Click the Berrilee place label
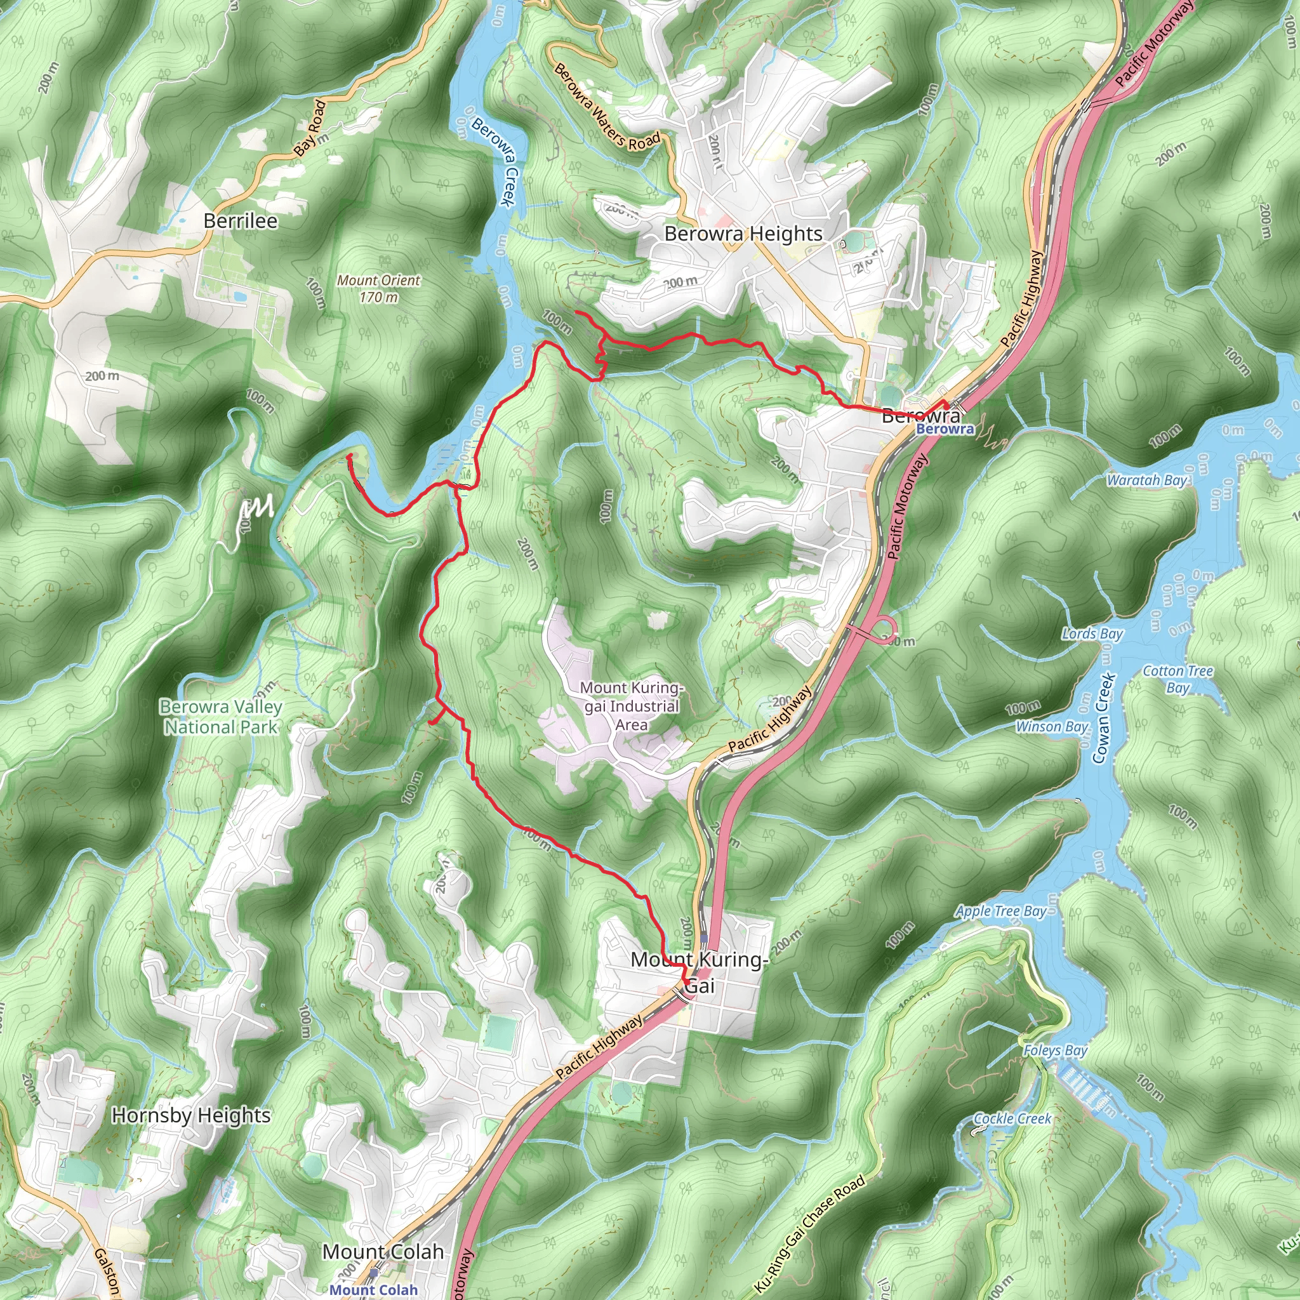tap(240, 221)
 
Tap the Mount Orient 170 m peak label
tap(378, 288)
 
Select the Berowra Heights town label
tap(743, 234)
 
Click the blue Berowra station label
tap(945, 429)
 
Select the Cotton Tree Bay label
tap(1177, 679)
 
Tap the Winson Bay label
tap(1052, 726)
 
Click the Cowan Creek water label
tap(1100, 719)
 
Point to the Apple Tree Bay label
tap(1000, 911)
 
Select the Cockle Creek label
tap(1012, 1118)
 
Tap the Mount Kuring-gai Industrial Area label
tap(631, 706)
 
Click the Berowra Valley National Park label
tap(221, 717)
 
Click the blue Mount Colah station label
tap(373, 1290)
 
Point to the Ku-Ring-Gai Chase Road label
tap(809, 1234)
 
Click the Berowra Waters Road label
tap(606, 107)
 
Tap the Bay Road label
tap(310, 128)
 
